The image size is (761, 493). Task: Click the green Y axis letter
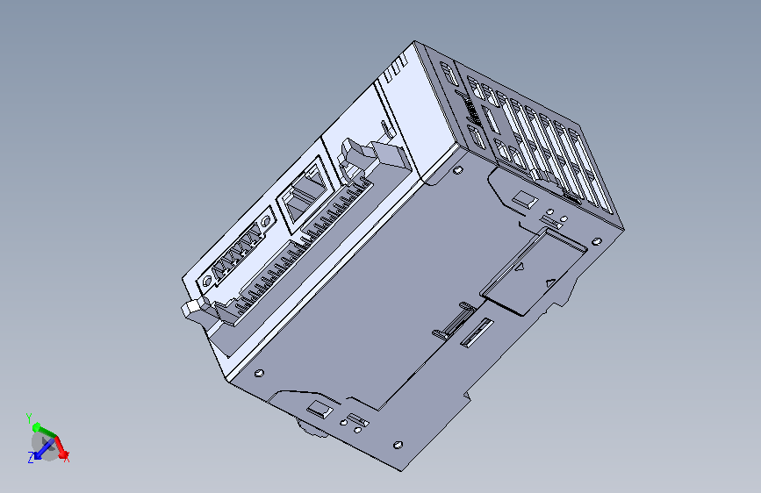coord(29,416)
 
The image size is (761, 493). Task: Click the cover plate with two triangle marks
coord(533,270)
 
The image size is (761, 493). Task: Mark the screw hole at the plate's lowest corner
coord(398,446)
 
